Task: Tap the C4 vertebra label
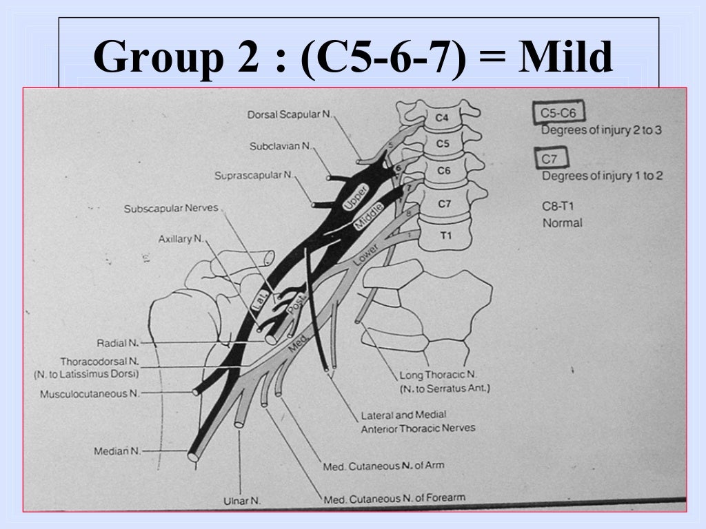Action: [x=442, y=118]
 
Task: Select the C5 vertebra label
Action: [x=442, y=144]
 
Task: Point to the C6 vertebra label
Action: [x=443, y=170]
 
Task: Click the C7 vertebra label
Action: [x=444, y=204]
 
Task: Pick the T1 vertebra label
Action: [x=445, y=236]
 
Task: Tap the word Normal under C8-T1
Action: [x=562, y=223]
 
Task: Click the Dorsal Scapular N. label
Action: [x=289, y=114]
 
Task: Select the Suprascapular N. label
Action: [x=253, y=176]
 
